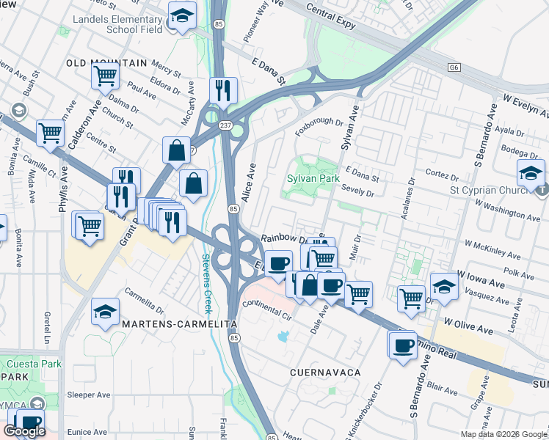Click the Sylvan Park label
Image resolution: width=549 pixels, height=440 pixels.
(313, 178)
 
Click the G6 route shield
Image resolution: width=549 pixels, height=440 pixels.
(454, 67)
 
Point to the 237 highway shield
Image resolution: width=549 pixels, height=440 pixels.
(225, 125)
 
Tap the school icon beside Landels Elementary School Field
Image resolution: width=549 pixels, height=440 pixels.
(181, 17)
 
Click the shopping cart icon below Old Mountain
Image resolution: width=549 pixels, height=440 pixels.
(106, 75)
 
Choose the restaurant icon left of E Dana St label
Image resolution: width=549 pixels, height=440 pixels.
(222, 91)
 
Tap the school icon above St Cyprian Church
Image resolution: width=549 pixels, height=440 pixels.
(530, 174)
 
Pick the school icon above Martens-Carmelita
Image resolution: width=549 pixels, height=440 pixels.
(105, 312)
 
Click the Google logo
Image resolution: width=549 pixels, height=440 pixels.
(24, 431)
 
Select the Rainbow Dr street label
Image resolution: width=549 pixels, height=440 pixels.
(283, 239)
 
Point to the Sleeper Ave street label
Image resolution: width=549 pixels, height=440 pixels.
(88, 395)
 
